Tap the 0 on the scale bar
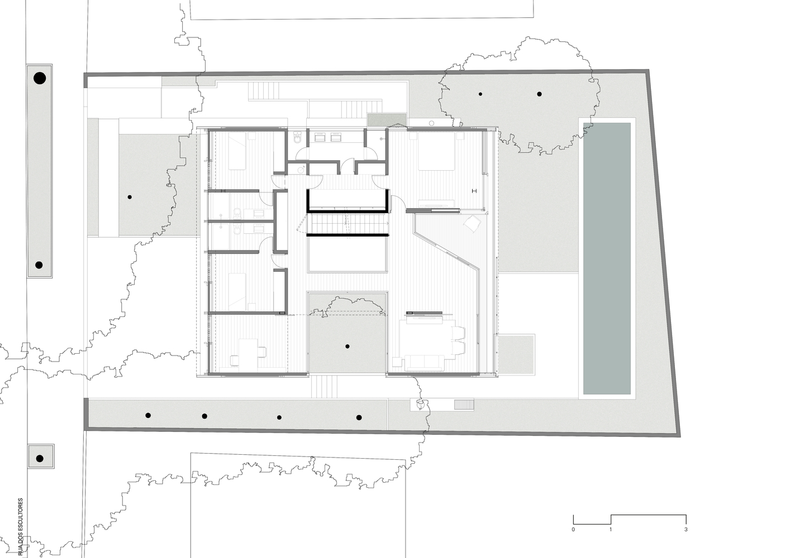point(573,529)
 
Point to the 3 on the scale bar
point(686,529)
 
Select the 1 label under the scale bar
point(611,529)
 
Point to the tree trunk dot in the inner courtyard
point(347,347)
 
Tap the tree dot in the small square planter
point(39,459)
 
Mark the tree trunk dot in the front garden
point(130,196)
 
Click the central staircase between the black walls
point(346,224)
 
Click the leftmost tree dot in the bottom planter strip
point(148,415)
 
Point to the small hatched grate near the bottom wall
point(464,405)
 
